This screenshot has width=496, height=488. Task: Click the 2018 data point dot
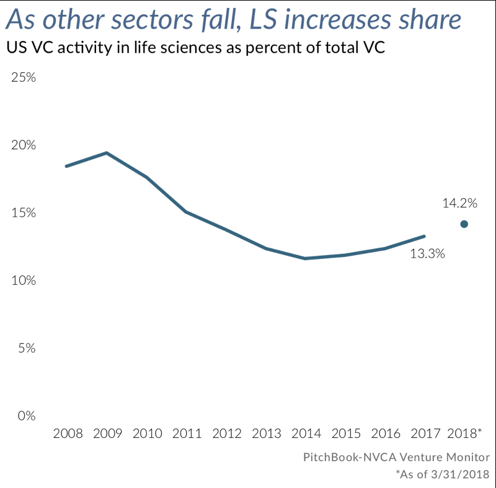[464, 224]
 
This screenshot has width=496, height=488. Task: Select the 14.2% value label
[459, 203]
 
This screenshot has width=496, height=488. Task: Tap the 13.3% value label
[428, 253]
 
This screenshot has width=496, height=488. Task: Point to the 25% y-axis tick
[22, 78]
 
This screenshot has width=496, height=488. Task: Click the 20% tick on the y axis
[22, 146]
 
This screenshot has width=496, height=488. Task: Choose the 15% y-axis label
[22, 213]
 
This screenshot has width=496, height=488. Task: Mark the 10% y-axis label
[22, 281]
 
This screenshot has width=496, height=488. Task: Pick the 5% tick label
[25, 348]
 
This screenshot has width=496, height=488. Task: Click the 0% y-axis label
[25, 416]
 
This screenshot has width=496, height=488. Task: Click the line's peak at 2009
[107, 153]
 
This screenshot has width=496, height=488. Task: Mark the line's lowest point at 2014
[305, 258]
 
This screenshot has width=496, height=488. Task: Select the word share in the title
[430, 20]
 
